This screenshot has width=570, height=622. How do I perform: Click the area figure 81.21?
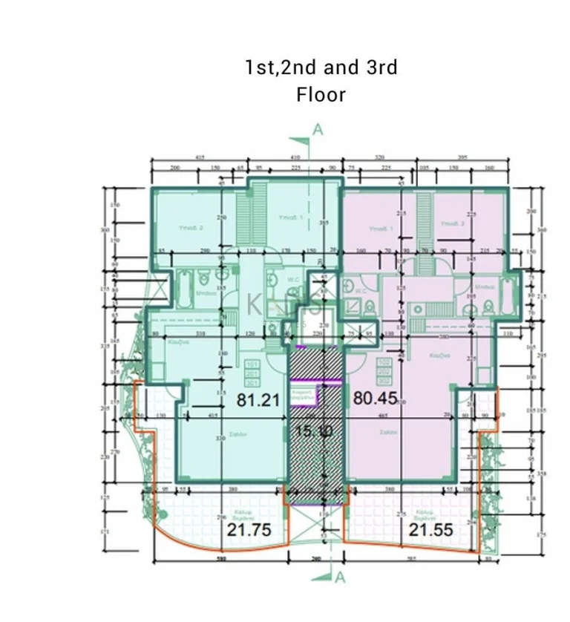258,400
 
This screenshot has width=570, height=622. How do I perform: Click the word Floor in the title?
321,95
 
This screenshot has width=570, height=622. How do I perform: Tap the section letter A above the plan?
318,130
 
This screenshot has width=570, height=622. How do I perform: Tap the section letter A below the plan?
340,577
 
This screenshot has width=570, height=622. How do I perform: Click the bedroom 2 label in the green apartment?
192,227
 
